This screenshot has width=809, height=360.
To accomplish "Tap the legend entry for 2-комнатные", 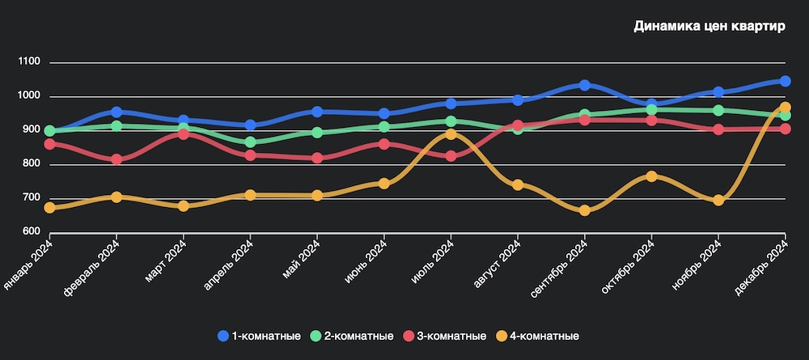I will coord(352,336).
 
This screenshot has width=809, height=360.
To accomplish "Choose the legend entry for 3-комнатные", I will coord(444,336).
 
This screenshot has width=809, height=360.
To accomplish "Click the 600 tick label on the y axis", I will coord(32,232).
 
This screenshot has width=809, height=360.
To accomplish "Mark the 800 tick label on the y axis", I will coord(32,164).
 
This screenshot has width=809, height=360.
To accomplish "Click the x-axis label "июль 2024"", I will coord(432,261).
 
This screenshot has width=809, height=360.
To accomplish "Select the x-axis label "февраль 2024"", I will coord(94,265).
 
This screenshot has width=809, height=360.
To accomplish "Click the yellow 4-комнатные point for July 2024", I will coord(451,134).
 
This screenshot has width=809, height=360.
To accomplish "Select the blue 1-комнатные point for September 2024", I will coord(584,85).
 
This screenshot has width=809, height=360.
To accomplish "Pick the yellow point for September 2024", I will coord(584,210).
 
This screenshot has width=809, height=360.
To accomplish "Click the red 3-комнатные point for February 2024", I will coord(116,159).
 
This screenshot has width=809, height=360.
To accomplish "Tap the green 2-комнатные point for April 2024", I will coord(250,142).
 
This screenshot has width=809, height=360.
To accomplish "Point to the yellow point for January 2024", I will coord(50,208).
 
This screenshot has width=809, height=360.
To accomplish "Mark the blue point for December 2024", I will coord(785,81).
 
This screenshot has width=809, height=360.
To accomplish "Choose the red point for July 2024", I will coord(451,156).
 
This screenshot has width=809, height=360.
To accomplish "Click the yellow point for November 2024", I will coord(718,200).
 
